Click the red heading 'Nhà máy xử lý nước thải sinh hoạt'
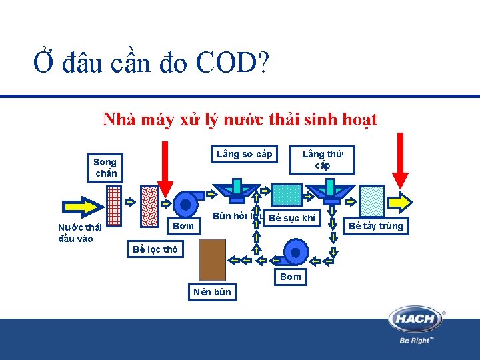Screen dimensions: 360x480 (x=239, y=120)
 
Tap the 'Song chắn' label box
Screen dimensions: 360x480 (x=105, y=167)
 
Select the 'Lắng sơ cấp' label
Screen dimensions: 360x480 (x=244, y=155)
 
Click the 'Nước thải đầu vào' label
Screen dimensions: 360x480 (x=80, y=233)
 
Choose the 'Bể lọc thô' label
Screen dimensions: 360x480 (x=155, y=249)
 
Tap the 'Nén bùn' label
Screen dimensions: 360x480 (x=212, y=291)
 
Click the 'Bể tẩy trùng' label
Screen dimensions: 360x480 (x=376, y=226)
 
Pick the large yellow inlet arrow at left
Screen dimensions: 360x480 (x=82, y=203)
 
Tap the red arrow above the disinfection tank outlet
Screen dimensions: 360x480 (x=400, y=160)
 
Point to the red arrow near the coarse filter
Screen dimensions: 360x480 (x=165, y=170)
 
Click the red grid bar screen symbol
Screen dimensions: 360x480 (x=114, y=206)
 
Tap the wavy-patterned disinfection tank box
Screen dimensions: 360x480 (x=371, y=198)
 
